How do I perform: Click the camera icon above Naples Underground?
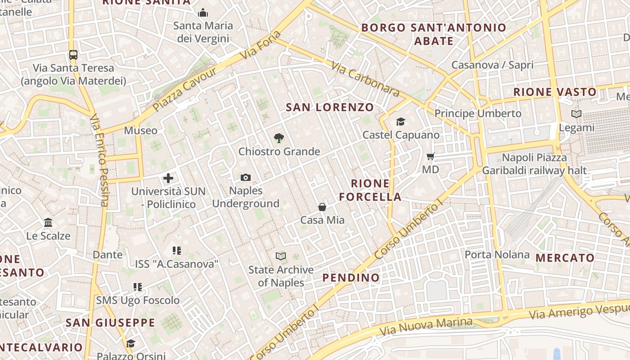(x=245, y=178)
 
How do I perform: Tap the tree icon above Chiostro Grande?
(x=279, y=138)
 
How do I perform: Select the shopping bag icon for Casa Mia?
(x=322, y=207)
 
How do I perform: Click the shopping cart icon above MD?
(x=431, y=157)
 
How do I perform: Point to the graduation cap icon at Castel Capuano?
(x=400, y=121)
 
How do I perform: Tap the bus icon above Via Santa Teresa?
(x=73, y=55)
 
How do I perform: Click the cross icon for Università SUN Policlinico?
(x=168, y=178)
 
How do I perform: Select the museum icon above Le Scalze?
(x=48, y=223)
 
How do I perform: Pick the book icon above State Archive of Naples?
(x=281, y=256)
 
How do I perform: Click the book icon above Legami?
(x=576, y=114)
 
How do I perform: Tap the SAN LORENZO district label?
(x=330, y=107)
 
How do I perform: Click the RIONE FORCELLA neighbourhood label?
(x=370, y=190)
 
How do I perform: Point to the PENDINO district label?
(x=351, y=278)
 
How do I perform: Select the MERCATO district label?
(x=565, y=258)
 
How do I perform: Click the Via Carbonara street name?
(x=365, y=79)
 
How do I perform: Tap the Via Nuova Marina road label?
(x=426, y=327)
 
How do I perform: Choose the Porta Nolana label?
(x=497, y=255)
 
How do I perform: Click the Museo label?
(x=141, y=130)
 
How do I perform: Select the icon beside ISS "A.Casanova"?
(x=177, y=251)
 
